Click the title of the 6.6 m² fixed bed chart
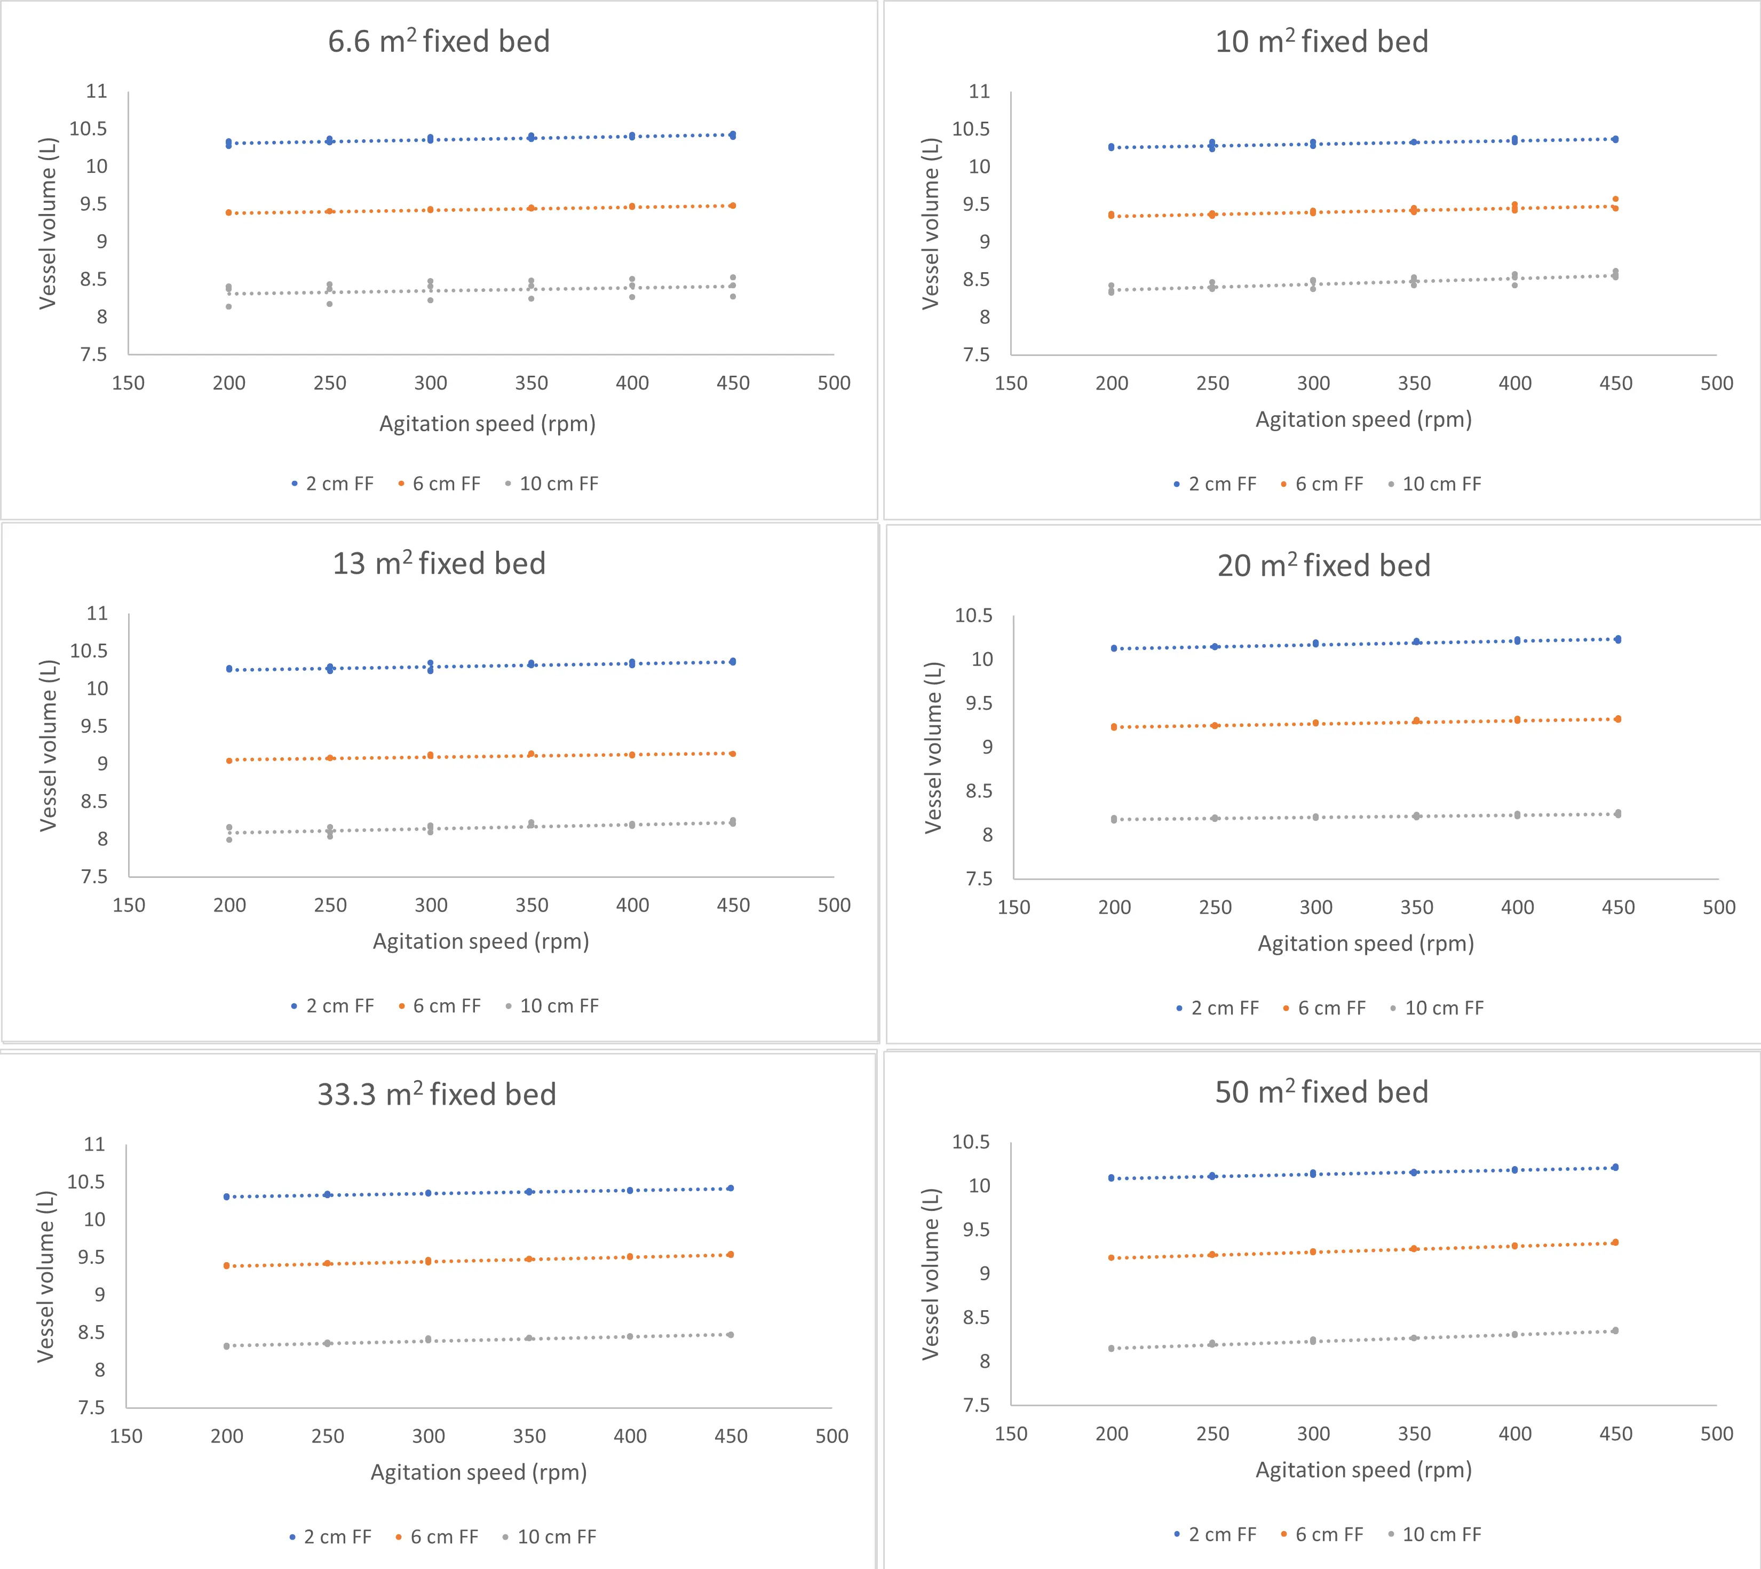(x=439, y=42)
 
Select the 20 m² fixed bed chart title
(x=1324, y=566)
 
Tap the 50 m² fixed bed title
(x=1321, y=1092)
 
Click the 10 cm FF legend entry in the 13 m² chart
(x=559, y=1006)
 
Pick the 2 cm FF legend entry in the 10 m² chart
(x=1221, y=485)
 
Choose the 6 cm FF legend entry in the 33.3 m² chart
(x=443, y=1537)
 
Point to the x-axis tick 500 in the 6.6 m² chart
(x=834, y=384)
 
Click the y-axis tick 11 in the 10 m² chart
(x=979, y=91)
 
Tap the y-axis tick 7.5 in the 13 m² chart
(x=94, y=877)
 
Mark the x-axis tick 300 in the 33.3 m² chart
(x=429, y=1436)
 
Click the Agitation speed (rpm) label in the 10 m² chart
(x=1363, y=420)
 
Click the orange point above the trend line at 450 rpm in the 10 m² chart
(x=1615, y=199)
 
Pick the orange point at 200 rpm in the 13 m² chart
(x=229, y=760)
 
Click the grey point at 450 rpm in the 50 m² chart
(x=1615, y=1331)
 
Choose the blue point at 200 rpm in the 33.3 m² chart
(x=227, y=1196)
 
